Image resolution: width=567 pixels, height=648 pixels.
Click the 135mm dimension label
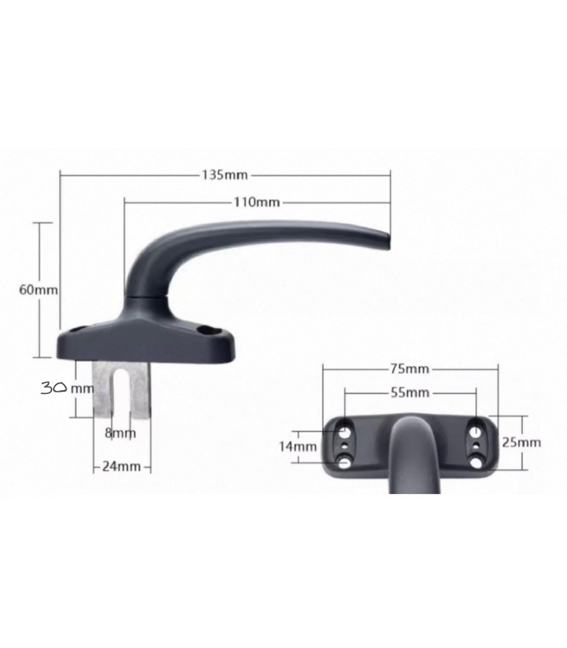pyautogui.click(x=225, y=175)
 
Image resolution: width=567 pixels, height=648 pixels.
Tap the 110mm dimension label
pyautogui.click(x=257, y=202)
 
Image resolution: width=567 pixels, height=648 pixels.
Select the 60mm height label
pyautogui.click(x=38, y=290)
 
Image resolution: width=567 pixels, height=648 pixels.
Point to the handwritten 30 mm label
pyautogui.click(x=68, y=388)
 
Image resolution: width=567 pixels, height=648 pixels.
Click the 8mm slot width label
pyautogui.click(x=120, y=433)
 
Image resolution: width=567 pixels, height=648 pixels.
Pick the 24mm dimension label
pyautogui.click(x=121, y=466)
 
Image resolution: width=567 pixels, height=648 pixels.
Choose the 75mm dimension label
pyautogui.click(x=410, y=369)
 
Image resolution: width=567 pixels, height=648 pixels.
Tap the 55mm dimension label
pyautogui.click(x=410, y=392)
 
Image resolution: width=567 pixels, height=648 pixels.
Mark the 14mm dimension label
pyautogui.click(x=297, y=447)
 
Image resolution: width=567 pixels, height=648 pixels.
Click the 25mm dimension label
pyautogui.click(x=521, y=443)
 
